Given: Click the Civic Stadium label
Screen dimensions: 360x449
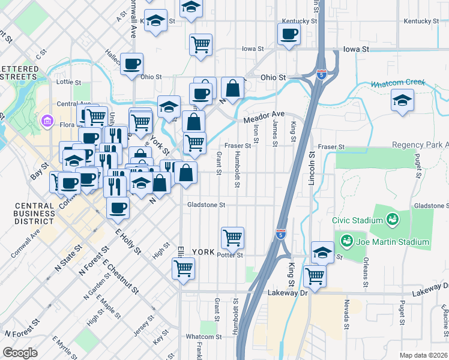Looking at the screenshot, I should [360, 220].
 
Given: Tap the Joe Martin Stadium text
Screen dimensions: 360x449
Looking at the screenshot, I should [393, 242].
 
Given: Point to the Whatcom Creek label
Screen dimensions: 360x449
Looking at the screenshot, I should [398, 83].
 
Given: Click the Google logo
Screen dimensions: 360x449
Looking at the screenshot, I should [20, 353].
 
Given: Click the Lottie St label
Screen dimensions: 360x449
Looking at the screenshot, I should [68, 82].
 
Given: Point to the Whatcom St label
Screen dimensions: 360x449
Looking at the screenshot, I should [200, 336].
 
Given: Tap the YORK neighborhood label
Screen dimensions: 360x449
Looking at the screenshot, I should [202, 252].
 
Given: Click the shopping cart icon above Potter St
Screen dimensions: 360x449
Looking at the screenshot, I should [232, 238].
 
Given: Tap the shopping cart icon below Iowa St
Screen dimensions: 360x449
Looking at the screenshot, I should [200, 44].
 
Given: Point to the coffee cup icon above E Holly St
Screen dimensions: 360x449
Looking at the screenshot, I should [118, 208].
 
